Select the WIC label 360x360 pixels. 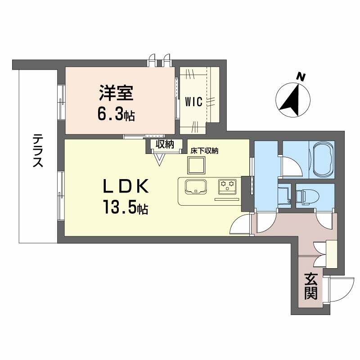pyautogui.click(x=194, y=101)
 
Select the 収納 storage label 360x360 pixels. pyautogui.click(x=165, y=144)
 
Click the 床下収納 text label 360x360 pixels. pyautogui.click(x=204, y=152)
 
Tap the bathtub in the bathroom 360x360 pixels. pyautogui.click(x=322, y=160)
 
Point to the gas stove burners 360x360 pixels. pyautogui.click(x=227, y=185)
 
